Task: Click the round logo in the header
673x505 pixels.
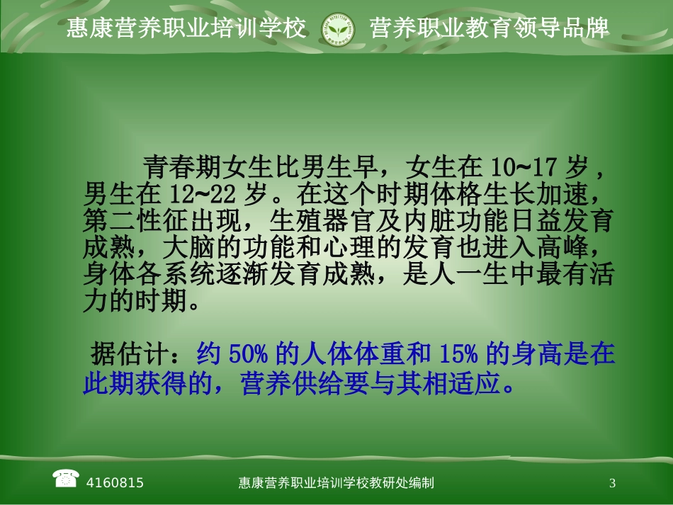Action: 339,29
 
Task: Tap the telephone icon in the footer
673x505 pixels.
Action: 65,479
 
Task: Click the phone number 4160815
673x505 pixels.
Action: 115,483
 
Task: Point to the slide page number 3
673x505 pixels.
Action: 612,483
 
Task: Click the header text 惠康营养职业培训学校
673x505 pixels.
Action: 187,28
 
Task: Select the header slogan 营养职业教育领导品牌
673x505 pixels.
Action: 490,28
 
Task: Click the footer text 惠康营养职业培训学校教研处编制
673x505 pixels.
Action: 336,483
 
